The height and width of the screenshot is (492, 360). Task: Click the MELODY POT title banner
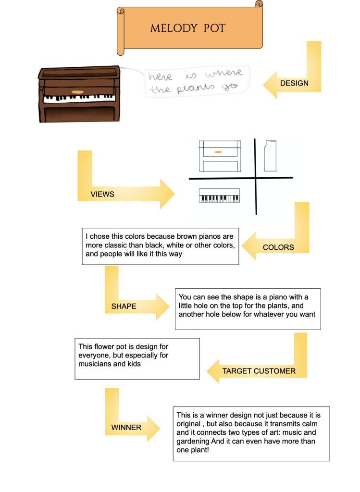pos(187,28)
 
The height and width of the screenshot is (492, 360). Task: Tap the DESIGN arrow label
pos(294,83)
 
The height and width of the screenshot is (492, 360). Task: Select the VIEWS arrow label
pos(102,194)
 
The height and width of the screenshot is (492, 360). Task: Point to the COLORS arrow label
pos(278,247)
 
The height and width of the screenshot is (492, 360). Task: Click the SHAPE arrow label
pos(124,306)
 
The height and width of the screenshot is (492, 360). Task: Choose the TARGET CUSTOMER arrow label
pos(259,371)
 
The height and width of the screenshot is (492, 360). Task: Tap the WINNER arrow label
pos(126,427)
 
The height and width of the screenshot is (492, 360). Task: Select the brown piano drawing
pos(77,94)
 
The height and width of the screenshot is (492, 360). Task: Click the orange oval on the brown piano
pos(77,91)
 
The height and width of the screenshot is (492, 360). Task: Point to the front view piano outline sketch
pos(220,156)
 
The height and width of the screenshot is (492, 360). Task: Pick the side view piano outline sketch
pos(271,155)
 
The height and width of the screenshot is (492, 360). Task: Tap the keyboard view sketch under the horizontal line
pos(220,196)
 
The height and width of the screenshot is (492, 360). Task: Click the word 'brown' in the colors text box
pos(189,236)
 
